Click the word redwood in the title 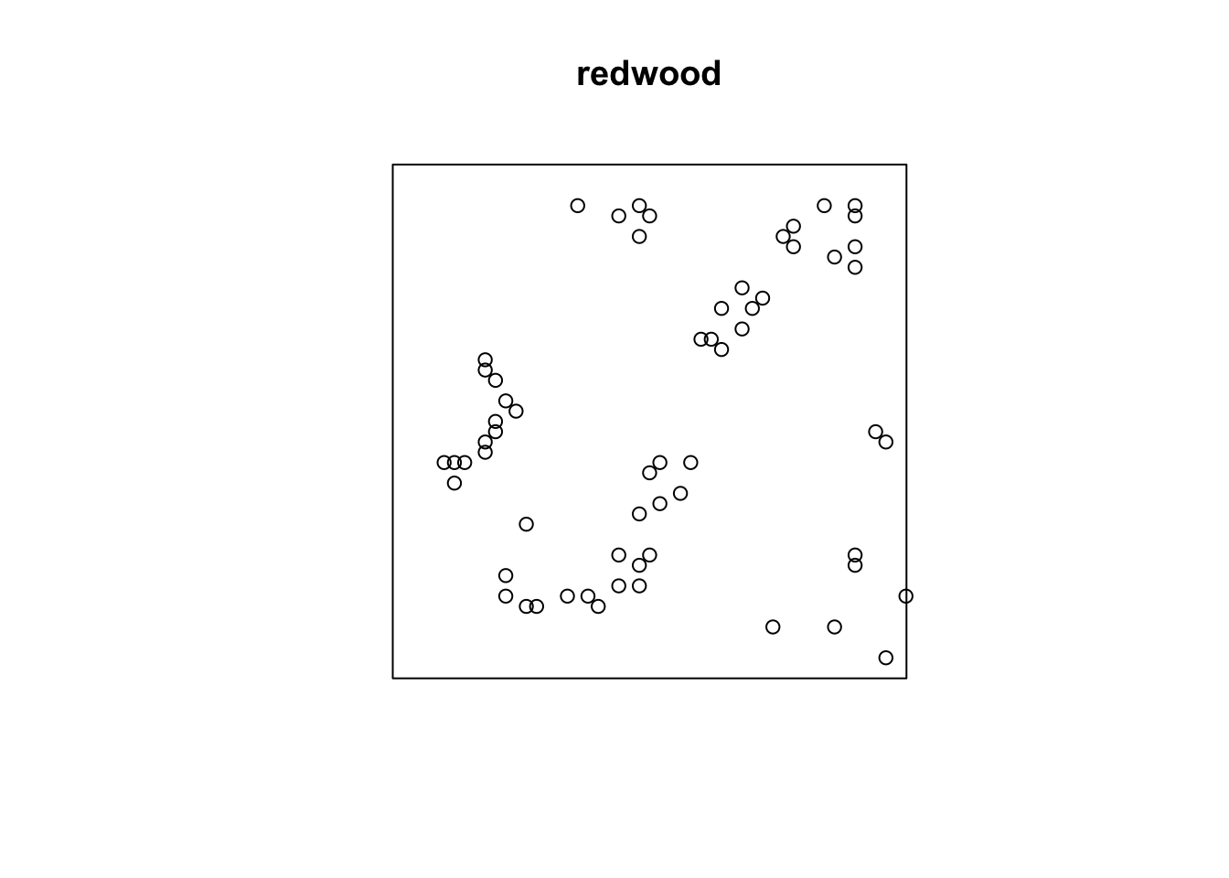click(648, 74)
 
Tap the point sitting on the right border click(905, 596)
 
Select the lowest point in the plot click(885, 658)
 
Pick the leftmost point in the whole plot click(444, 463)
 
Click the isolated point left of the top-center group click(577, 206)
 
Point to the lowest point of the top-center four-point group click(639, 237)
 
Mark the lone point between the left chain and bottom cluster click(526, 524)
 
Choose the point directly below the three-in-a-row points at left click(454, 483)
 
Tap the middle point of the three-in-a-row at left click(454, 463)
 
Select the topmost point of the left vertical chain click(485, 360)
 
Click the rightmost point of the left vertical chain click(516, 412)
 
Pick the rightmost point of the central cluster click(690, 463)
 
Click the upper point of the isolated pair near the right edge click(875, 432)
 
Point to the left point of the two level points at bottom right click(773, 626)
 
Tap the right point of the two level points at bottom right click(834, 626)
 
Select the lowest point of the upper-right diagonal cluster click(721, 349)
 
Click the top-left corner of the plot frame click(393, 165)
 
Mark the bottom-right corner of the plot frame click(906, 678)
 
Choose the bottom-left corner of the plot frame click(393, 678)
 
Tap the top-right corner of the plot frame click(906, 165)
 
